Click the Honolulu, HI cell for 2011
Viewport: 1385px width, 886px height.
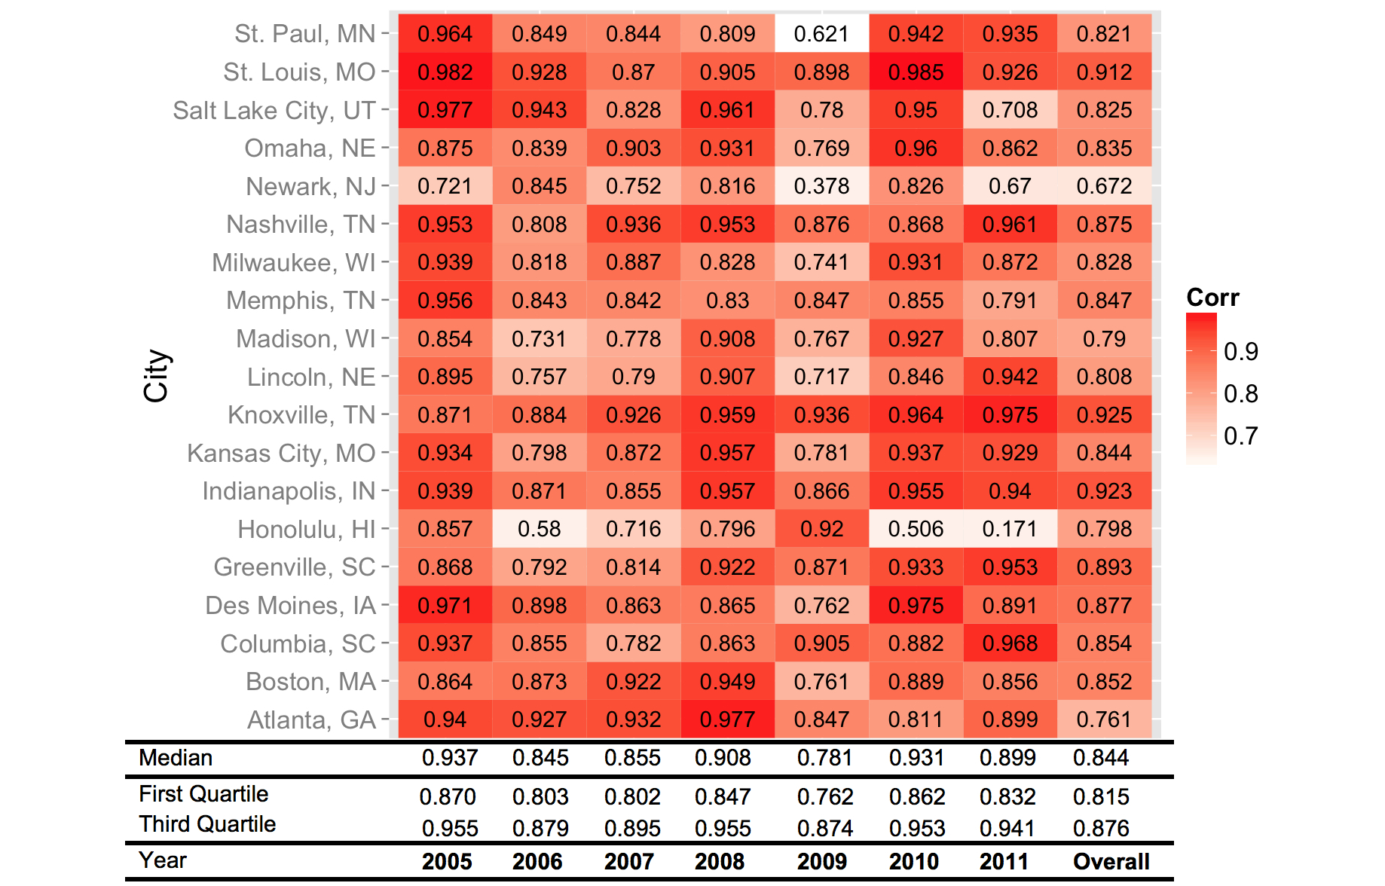1010,529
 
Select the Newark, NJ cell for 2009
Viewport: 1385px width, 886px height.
821,186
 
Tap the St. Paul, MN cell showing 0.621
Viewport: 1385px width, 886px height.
821,34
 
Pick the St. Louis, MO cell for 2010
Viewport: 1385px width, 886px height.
916,72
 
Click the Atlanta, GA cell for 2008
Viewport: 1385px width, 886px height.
727,719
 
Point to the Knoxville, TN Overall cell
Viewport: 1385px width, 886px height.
1104,415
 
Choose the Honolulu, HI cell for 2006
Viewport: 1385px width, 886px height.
539,529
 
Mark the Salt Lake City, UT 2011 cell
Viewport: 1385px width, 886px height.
1010,110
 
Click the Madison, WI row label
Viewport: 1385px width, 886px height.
305,339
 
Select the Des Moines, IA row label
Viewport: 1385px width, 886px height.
290,606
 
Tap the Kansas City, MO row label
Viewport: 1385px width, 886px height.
281,454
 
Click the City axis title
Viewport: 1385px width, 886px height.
157,376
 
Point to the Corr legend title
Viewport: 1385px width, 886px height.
1212,298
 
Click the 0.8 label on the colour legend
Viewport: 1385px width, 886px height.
1240,393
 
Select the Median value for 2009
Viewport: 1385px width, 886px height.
824,758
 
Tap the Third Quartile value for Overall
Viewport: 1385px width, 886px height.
1101,828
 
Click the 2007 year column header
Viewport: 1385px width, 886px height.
628,861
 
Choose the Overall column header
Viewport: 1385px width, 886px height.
1111,861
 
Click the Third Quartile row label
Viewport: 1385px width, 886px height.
207,824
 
